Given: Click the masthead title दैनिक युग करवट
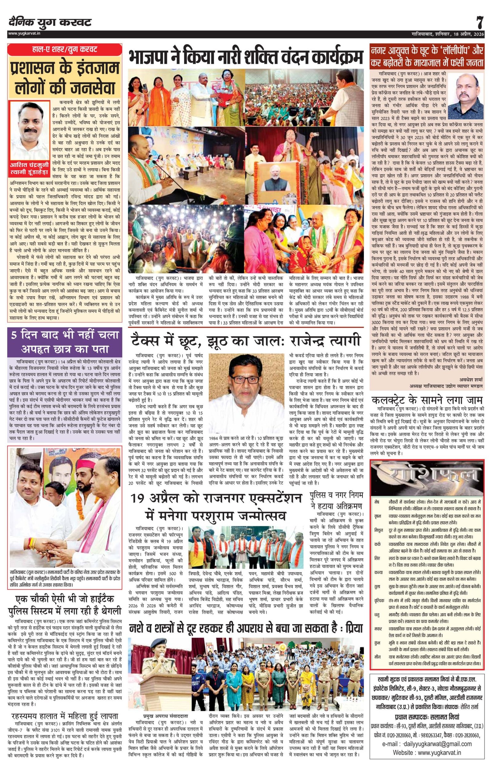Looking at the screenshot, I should pos(50,22).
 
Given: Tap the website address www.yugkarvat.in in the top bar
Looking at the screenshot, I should pos(24,33).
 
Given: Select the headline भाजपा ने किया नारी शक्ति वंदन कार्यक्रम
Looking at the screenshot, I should pos(246,58).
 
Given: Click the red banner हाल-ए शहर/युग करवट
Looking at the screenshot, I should pos(64,50).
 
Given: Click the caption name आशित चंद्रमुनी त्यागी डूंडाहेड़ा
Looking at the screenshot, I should pos(30,169).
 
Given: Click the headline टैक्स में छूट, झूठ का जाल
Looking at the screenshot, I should pos(246,341).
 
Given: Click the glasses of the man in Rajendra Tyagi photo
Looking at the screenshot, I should pos(247,379).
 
